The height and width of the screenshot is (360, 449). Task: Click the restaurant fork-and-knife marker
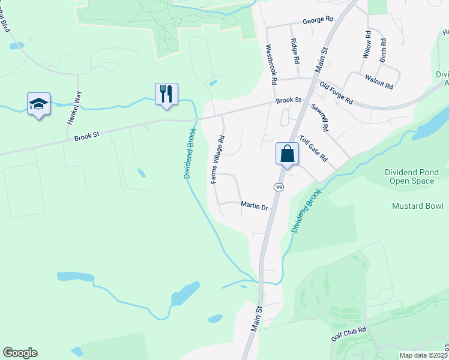[166, 94]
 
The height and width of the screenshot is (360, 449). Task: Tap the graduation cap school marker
[38, 104]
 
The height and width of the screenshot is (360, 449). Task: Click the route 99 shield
[279, 188]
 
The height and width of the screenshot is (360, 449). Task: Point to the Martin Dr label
[254, 206]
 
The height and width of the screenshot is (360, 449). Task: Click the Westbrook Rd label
[271, 63]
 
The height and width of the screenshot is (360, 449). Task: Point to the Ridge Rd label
[294, 52]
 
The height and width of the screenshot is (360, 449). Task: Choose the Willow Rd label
[366, 47]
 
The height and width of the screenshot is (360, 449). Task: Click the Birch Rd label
[382, 51]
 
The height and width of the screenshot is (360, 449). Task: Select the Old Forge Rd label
[336, 92]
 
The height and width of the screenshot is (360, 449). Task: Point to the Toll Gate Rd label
[313, 148]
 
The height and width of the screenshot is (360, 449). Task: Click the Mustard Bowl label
[417, 206]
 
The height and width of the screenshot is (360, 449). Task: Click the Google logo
[20, 353]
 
